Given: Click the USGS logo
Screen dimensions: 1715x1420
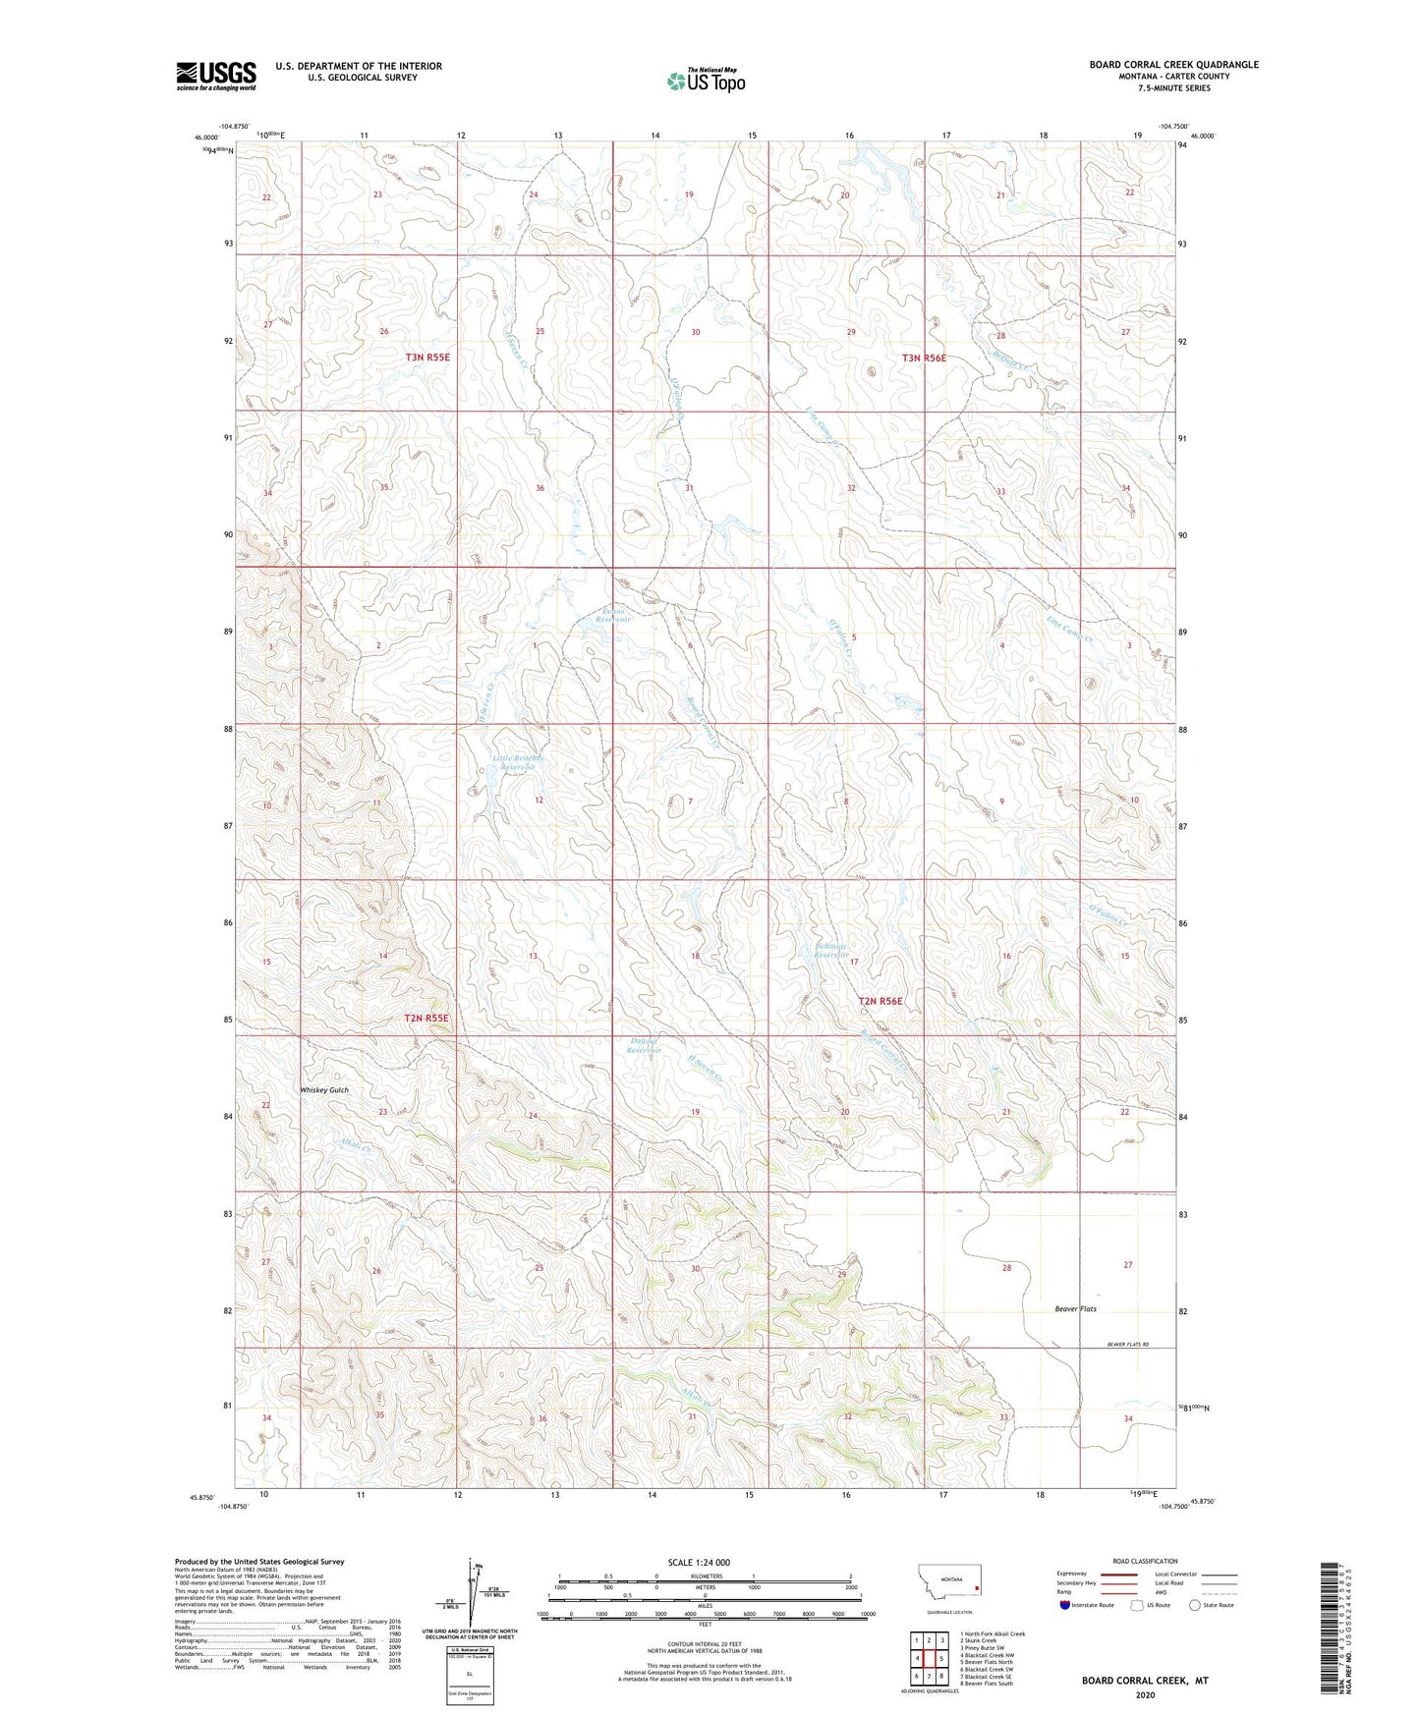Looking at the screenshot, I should click(215, 76).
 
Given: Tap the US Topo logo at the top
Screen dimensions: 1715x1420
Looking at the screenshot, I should click(705, 81).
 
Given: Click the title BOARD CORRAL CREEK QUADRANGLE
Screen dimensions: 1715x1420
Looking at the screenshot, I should click(1172, 65).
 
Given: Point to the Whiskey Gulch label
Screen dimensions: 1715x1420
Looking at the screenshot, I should click(323, 1090).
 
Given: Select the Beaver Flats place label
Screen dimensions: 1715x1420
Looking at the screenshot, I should click(1075, 1308).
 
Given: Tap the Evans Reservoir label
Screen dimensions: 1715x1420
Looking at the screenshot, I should click(614, 616).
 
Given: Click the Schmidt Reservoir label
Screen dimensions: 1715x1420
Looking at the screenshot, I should click(831, 950).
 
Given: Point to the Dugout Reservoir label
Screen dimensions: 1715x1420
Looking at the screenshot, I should click(644, 1046).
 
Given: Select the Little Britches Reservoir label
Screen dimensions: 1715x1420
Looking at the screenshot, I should click(518, 762).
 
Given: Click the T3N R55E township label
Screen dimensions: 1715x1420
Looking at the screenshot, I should click(427, 358).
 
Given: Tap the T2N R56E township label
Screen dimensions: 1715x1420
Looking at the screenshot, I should click(880, 1001).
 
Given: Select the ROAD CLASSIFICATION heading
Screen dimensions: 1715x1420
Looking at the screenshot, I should click(1145, 1561).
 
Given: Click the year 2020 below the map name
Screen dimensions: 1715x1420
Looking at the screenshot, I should click(1144, 1694).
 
